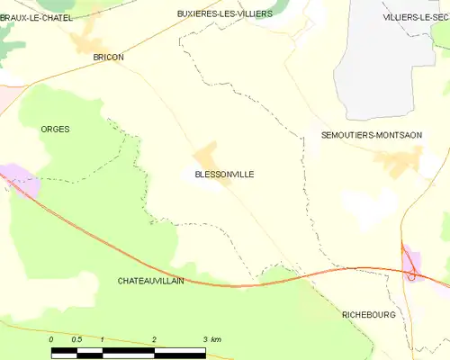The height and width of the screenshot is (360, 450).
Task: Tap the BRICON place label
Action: pos(109,57)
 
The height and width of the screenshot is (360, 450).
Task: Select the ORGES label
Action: pos(55,130)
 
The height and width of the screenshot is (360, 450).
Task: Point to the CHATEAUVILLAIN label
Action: pos(150,281)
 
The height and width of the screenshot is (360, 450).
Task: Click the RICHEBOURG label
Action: pos(369,314)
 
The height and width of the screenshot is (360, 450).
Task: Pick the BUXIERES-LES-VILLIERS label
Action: pos(224,14)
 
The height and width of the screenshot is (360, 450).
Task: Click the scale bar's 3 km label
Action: pos(211,338)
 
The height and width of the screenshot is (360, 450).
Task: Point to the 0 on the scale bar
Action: pos(52,338)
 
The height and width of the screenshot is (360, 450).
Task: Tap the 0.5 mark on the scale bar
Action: pos(76,338)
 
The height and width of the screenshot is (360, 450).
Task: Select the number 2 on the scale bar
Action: pos(155,338)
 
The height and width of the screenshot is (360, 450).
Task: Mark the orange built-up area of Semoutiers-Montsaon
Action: pos(397,162)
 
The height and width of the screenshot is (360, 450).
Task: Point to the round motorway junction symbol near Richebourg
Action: pos(411,276)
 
